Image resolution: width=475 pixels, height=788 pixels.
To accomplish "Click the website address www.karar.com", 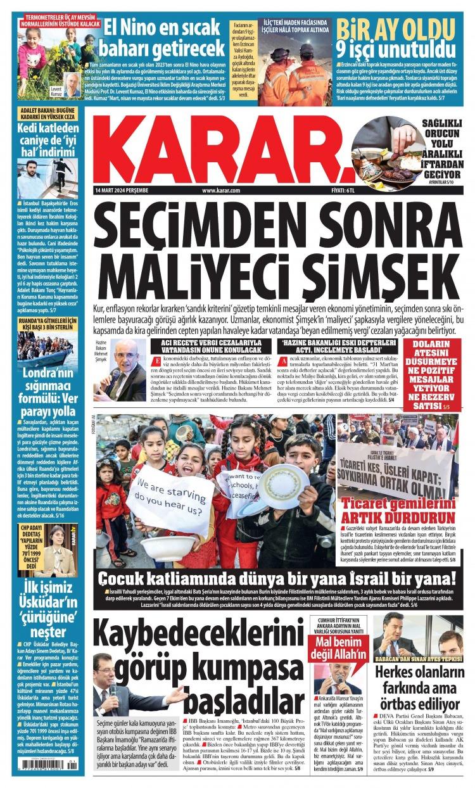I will coord(221,190).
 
